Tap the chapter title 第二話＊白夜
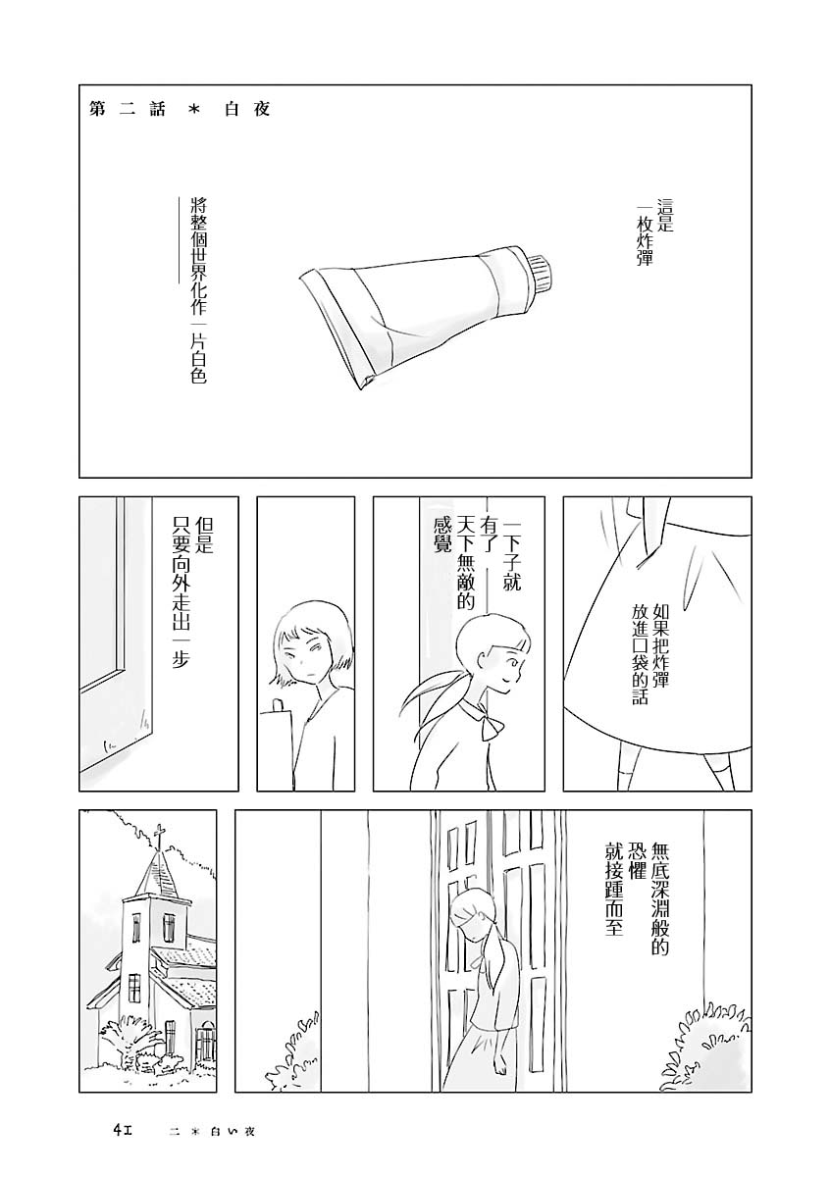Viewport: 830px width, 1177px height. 181,109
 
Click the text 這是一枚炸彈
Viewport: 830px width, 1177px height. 654,231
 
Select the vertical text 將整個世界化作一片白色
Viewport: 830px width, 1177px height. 196,289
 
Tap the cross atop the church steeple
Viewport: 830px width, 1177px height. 159,838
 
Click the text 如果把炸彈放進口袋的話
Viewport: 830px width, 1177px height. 649,654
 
